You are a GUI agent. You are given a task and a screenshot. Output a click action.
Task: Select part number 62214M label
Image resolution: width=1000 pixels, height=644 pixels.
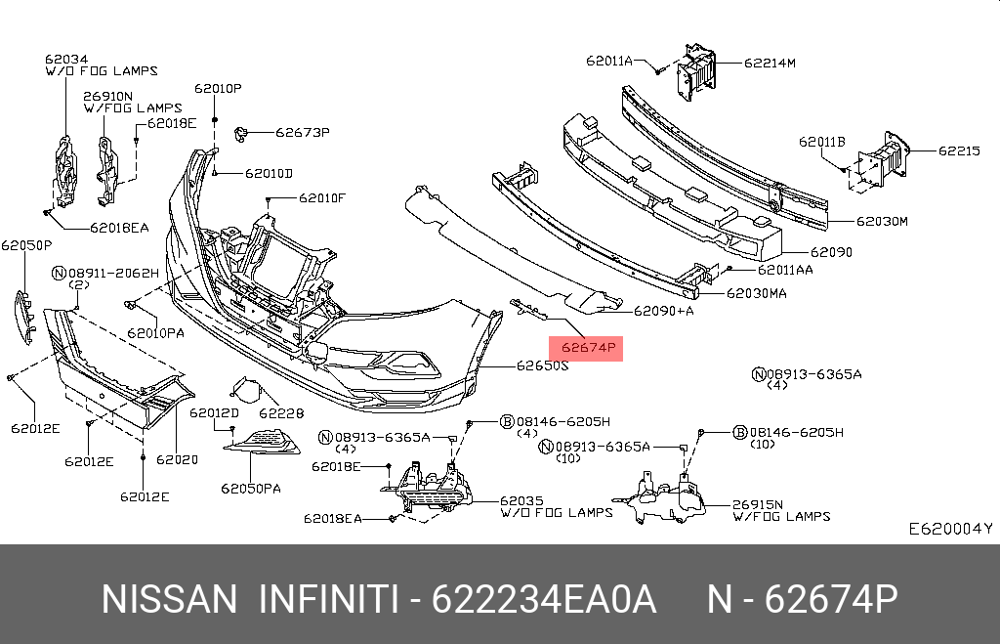pyautogui.click(x=770, y=63)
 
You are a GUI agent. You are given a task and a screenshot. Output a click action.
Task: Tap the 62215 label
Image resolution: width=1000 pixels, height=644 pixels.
pyautogui.click(x=959, y=150)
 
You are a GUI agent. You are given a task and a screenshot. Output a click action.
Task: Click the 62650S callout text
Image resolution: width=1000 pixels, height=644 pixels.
pyautogui.click(x=542, y=367)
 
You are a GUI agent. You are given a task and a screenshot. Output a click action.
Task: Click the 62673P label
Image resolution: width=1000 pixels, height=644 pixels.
pyautogui.click(x=302, y=132)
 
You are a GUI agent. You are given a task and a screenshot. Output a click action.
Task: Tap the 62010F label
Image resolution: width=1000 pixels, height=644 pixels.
pyautogui.click(x=322, y=197)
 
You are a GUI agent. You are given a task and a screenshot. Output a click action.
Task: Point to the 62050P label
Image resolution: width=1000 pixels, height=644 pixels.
pyautogui.click(x=26, y=244)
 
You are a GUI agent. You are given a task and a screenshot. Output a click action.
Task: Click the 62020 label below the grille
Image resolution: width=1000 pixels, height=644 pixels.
pyautogui.click(x=177, y=459)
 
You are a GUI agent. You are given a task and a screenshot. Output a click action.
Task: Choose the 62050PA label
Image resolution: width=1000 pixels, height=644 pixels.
pyautogui.click(x=250, y=488)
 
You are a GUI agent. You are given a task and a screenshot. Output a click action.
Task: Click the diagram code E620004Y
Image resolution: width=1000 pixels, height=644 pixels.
pyautogui.click(x=949, y=529)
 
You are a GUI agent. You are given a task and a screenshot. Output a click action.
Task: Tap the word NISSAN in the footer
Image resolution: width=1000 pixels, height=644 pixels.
pyautogui.click(x=169, y=599)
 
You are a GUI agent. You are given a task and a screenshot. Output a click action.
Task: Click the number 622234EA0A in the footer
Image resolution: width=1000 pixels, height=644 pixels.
pyautogui.click(x=544, y=599)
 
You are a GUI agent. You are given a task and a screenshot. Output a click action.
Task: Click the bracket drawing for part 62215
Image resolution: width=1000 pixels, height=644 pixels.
pyautogui.click(x=882, y=158)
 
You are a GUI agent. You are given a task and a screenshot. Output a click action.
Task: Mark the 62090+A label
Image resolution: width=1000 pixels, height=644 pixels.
pyautogui.click(x=663, y=311)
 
